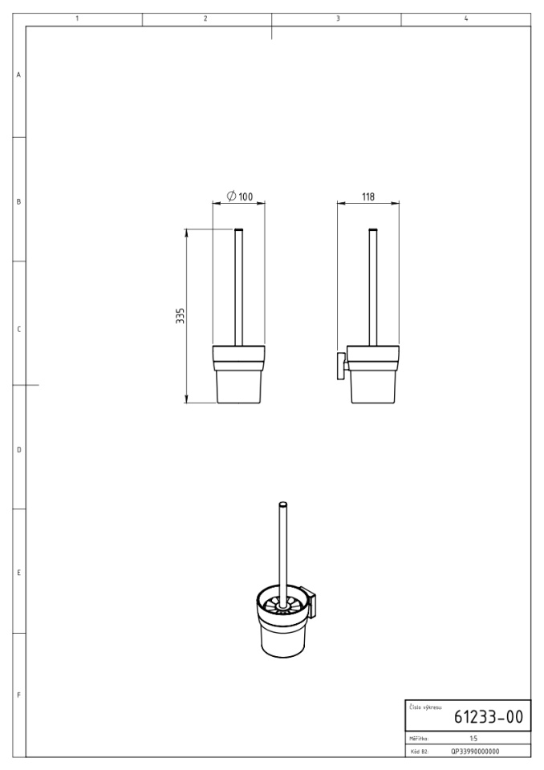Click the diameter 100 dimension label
240,197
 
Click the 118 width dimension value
368,197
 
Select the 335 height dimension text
181,316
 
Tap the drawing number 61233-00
488,717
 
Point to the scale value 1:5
473,739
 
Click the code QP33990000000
475,752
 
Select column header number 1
77,18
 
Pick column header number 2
205,18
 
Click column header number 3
338,18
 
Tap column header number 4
466,18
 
